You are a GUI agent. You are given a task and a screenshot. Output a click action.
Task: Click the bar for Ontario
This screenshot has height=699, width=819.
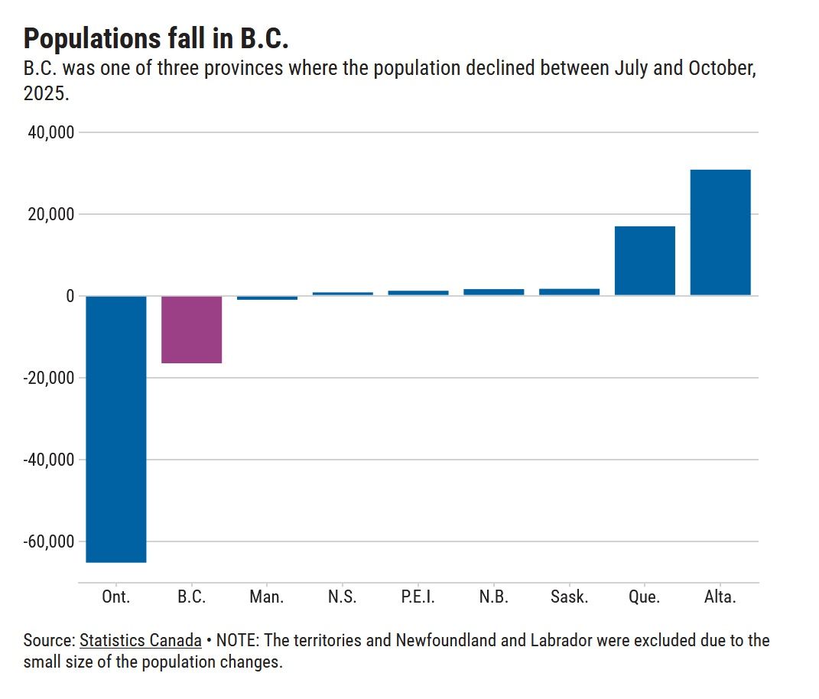[x=115, y=428]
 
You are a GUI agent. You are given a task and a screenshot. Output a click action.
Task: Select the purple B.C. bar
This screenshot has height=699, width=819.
[x=191, y=329]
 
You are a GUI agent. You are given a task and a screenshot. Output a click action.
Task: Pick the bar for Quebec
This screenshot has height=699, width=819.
[x=645, y=260]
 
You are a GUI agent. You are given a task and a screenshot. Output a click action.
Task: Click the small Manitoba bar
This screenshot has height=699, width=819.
[x=267, y=297]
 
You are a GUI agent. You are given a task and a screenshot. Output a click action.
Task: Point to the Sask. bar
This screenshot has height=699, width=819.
[x=569, y=291]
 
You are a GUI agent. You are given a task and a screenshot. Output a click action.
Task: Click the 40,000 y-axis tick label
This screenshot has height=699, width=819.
[x=50, y=133]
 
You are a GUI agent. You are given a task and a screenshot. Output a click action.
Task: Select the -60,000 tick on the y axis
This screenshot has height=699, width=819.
[x=48, y=541]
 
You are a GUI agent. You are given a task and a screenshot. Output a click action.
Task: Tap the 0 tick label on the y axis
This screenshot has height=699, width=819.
[x=69, y=296]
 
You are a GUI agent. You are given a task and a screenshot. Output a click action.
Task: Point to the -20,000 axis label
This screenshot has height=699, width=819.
[x=48, y=378]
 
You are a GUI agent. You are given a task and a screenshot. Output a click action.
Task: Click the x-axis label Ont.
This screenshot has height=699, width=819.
[x=115, y=597]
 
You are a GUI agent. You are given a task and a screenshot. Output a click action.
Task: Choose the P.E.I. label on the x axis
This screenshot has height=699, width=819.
[x=418, y=597]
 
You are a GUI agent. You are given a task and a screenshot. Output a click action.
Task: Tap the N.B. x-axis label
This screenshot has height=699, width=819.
[x=493, y=597]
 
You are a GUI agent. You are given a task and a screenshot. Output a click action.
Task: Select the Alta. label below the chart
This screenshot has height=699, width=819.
[x=720, y=597]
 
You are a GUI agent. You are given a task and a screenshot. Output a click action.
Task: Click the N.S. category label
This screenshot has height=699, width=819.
[x=342, y=597]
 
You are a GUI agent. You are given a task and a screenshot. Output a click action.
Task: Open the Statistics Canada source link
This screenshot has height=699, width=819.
[x=141, y=640]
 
